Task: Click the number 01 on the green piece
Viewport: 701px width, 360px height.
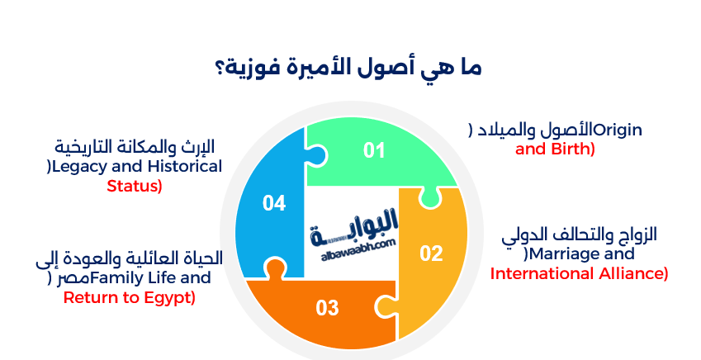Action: click(x=375, y=150)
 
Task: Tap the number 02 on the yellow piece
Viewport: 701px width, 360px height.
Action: click(x=431, y=253)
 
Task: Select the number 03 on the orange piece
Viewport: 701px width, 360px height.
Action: click(x=328, y=308)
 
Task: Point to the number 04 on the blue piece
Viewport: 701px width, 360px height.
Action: click(x=274, y=202)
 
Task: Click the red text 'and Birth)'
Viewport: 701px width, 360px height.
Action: click(x=555, y=149)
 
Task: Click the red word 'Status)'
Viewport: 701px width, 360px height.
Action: click(x=135, y=186)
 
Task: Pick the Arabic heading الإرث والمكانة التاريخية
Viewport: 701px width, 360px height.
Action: click(x=135, y=147)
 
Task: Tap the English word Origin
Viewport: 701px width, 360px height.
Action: click(x=618, y=130)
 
